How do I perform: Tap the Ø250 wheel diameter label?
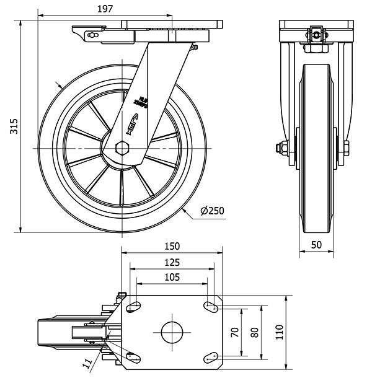click(212, 211)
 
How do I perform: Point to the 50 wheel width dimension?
click(317, 245)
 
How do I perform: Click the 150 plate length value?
click(172, 246)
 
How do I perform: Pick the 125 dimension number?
click(172, 262)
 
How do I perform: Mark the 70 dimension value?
click(234, 332)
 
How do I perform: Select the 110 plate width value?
click(278, 332)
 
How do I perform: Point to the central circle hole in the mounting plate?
click(173, 332)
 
